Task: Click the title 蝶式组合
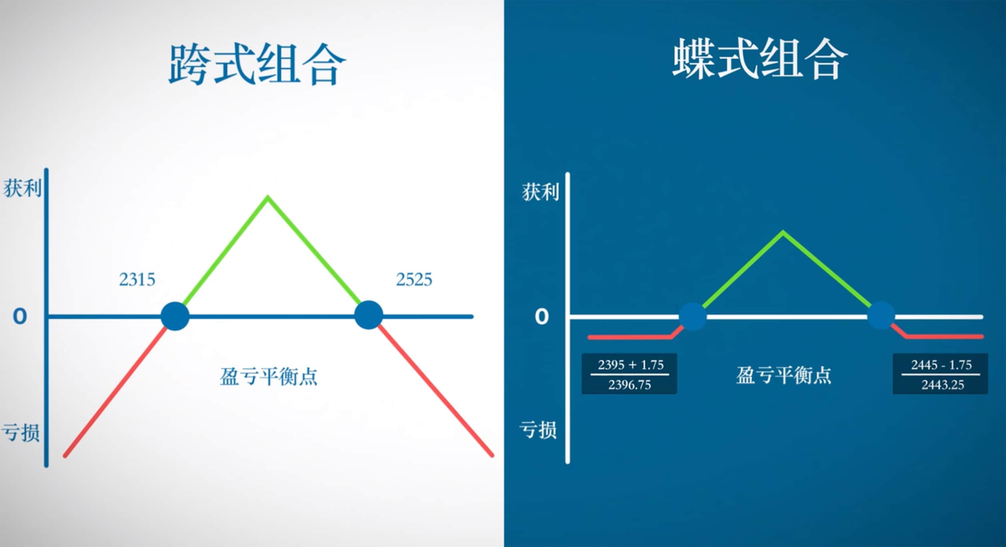(x=760, y=59)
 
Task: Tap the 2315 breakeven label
(x=137, y=279)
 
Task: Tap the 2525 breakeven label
(x=414, y=279)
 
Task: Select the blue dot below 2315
(x=175, y=316)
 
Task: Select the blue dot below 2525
(x=368, y=315)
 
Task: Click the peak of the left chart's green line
(x=268, y=198)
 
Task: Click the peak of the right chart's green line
(x=783, y=232)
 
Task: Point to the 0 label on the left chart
(x=20, y=316)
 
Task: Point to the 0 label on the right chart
(x=542, y=317)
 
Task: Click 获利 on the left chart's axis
(x=22, y=188)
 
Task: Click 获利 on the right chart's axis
(x=541, y=192)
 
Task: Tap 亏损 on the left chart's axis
(x=21, y=433)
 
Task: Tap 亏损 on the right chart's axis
(x=538, y=430)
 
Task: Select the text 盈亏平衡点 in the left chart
(x=268, y=376)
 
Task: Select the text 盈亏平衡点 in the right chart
(x=784, y=375)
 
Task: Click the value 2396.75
(x=630, y=385)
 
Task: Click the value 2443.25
(x=942, y=385)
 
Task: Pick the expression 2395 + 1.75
(x=631, y=365)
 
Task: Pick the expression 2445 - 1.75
(x=941, y=365)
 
